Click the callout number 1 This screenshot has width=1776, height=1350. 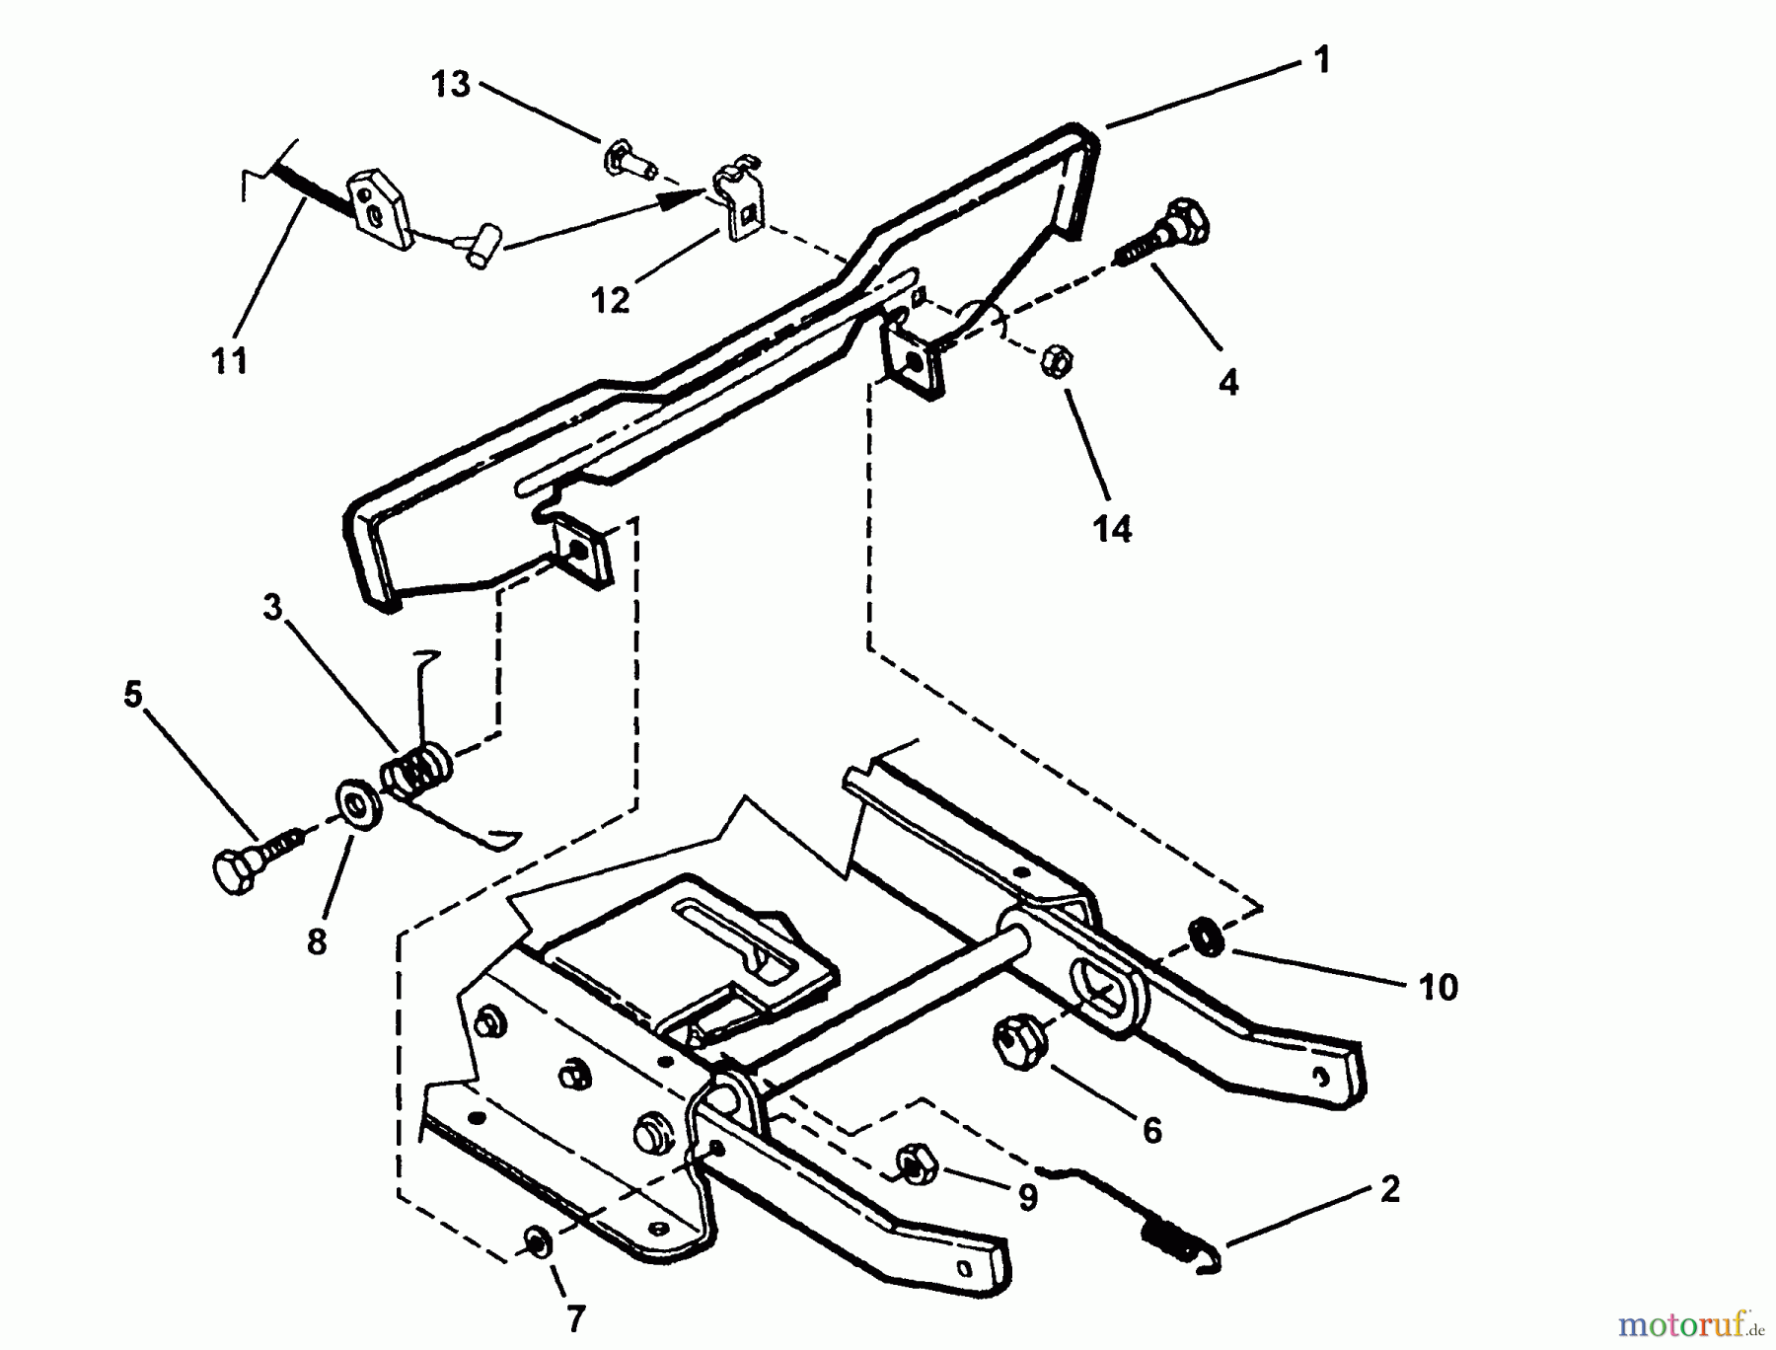point(1322,60)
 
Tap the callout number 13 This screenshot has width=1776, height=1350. point(451,84)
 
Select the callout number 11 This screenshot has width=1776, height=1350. point(230,360)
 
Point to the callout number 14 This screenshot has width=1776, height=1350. point(1112,529)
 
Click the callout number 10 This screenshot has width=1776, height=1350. point(1439,986)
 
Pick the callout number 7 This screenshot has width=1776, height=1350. point(575,1318)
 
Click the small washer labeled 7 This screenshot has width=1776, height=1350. point(539,1242)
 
